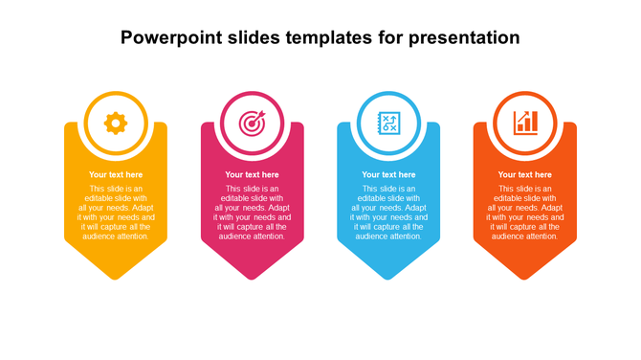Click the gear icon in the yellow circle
[116, 123]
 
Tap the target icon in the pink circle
[252, 123]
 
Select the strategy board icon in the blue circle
[388, 123]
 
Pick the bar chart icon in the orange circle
[525, 123]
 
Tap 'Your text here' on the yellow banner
[116, 175]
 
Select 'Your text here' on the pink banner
[252, 175]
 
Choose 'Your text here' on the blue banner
[388, 175]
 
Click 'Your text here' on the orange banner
[525, 175]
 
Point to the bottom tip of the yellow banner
[116, 279]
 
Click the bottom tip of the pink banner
[252, 279]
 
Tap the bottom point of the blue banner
[388, 279]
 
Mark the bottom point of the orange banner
[525, 279]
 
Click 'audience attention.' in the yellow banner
[116, 236]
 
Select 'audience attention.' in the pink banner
[252, 236]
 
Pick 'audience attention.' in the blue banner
[388, 236]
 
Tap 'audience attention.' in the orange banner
[525, 236]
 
